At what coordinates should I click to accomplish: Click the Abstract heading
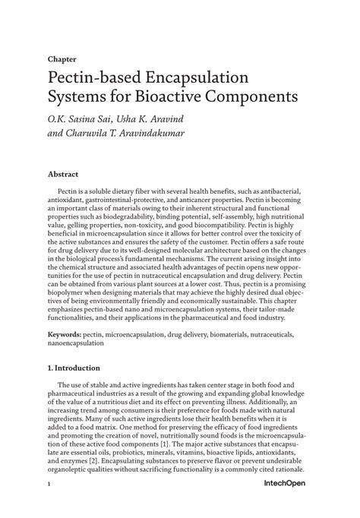(63, 174)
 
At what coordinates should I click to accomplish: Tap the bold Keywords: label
(65, 333)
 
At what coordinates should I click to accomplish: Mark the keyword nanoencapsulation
(76, 343)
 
